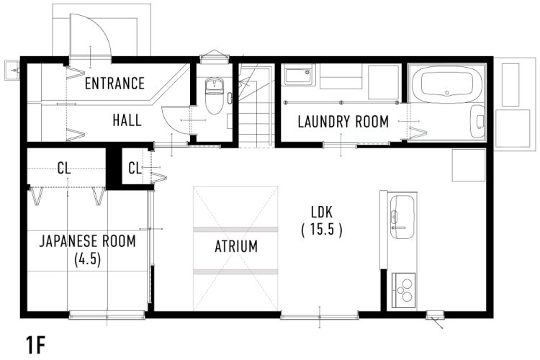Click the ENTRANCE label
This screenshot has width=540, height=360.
click(114, 84)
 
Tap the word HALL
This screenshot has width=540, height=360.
click(127, 120)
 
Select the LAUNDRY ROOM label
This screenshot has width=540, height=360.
click(343, 122)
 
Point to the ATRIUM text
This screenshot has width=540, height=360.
click(236, 246)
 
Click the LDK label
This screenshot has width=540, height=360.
click(322, 212)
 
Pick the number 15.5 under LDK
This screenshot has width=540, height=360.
click(322, 229)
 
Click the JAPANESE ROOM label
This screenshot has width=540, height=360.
click(87, 241)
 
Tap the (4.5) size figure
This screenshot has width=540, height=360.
click(87, 259)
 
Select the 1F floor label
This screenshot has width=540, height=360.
click(36, 345)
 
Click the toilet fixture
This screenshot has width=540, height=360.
click(215, 96)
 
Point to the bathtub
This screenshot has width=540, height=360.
click(447, 81)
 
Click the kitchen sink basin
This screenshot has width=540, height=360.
click(402, 217)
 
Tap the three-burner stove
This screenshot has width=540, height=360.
click(404, 290)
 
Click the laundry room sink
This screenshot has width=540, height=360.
click(298, 76)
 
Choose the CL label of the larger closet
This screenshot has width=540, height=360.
click(64, 168)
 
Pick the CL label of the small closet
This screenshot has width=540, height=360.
click(135, 168)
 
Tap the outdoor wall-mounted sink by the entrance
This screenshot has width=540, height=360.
click(13, 71)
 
